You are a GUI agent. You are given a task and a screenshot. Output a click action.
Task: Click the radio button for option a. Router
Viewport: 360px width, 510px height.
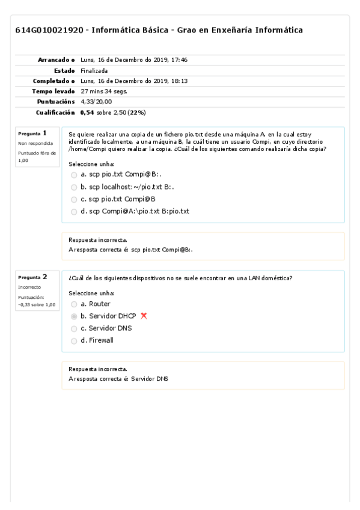point(74,304)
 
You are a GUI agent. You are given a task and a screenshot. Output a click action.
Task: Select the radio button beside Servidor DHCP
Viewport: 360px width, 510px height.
point(74,316)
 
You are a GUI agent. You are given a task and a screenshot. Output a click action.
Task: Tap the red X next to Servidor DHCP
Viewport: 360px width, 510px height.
point(143,316)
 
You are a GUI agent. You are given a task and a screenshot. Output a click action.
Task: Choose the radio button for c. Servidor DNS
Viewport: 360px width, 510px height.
point(74,328)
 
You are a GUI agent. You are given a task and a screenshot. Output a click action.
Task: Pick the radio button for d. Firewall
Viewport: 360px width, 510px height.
point(74,340)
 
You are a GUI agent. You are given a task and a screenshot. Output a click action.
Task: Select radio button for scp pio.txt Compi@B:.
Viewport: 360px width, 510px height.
point(74,174)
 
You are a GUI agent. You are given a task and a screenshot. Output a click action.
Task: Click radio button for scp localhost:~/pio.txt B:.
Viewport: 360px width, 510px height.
point(74,186)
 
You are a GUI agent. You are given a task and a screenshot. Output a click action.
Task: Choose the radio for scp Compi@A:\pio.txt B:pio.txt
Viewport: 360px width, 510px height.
point(74,211)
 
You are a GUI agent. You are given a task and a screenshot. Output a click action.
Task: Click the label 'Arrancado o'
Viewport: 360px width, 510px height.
point(56,60)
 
